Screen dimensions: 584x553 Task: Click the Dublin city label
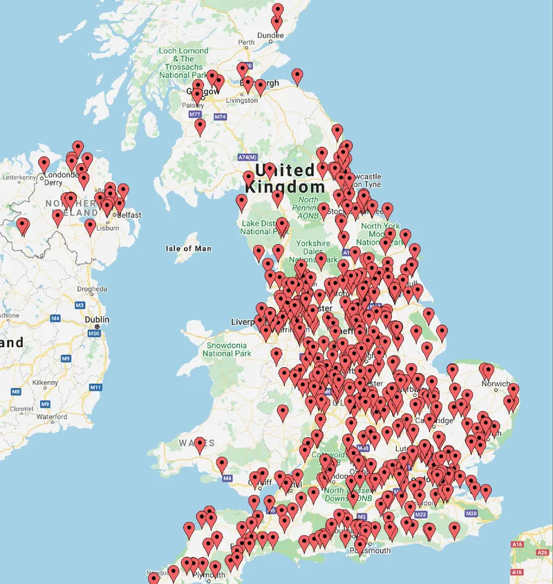tap(97, 320)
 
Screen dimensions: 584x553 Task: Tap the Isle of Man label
tap(189, 249)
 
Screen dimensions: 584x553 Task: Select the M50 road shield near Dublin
tap(94, 333)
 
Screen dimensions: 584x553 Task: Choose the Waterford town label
tap(51, 417)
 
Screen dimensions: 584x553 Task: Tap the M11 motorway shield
tap(95, 387)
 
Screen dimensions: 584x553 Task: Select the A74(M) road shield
tap(247, 157)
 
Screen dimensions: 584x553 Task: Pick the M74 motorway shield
tap(221, 117)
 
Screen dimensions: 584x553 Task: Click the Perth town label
tap(246, 43)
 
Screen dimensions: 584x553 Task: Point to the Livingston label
tap(241, 100)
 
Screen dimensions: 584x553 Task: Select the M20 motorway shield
tap(471, 514)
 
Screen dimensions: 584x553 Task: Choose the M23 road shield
tap(421, 514)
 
